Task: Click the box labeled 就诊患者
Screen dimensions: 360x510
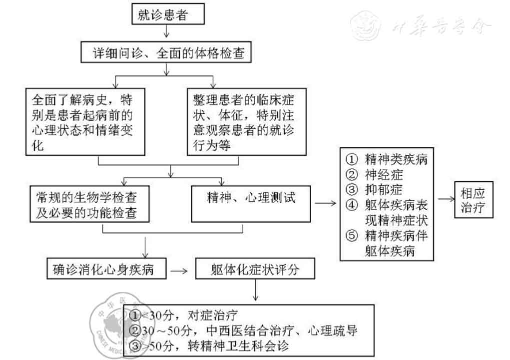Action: click(x=168, y=15)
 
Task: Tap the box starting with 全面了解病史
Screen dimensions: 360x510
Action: click(x=85, y=121)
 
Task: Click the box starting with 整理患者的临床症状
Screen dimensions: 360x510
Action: click(x=247, y=121)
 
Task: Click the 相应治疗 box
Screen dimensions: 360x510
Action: click(x=473, y=200)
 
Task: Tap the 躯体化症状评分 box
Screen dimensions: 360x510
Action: click(x=255, y=270)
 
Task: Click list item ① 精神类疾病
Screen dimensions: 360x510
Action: click(x=387, y=160)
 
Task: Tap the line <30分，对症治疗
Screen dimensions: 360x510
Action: click(x=185, y=316)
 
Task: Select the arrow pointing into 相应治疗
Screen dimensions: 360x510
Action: click(x=444, y=200)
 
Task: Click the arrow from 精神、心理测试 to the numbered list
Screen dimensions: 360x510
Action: click(x=325, y=203)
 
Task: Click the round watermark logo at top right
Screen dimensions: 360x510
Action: click(x=366, y=24)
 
